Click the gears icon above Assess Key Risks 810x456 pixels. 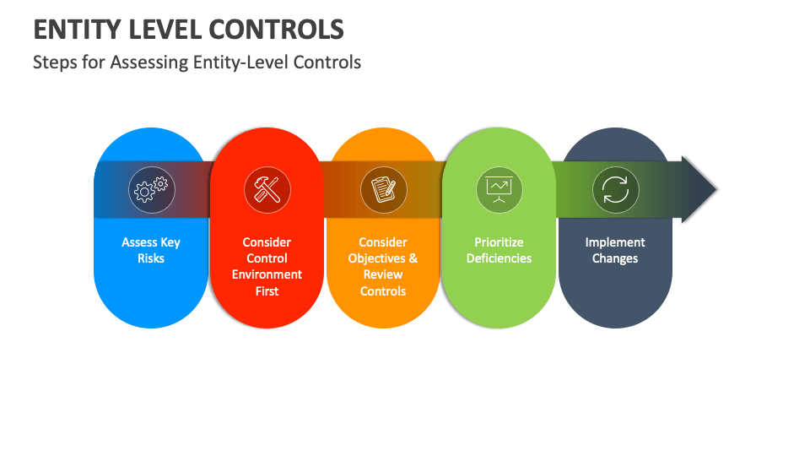click(x=151, y=190)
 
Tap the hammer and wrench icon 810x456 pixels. click(x=267, y=190)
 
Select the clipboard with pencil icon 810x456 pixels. click(x=383, y=190)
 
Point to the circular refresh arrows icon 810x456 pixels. click(x=615, y=190)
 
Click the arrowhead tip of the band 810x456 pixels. click(x=717, y=189)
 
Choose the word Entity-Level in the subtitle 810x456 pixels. click(x=240, y=62)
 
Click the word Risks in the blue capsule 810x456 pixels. click(x=151, y=258)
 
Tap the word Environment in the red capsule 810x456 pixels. click(x=267, y=274)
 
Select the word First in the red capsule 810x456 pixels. click(x=267, y=291)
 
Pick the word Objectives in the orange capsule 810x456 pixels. click(x=376, y=258)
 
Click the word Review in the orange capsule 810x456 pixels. click(x=383, y=274)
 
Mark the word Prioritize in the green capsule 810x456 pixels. click(x=499, y=242)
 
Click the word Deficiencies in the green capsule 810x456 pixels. click(x=499, y=258)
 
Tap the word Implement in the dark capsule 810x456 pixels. click(x=615, y=242)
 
